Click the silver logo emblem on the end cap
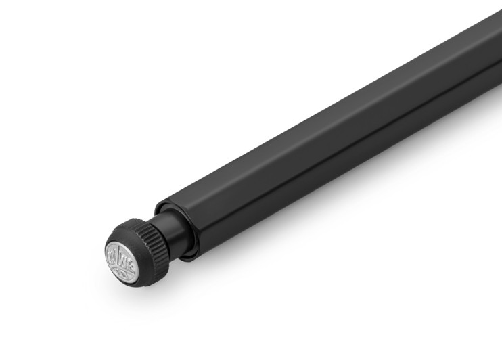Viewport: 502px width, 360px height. (122, 257)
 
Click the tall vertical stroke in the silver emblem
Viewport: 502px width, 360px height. (122, 256)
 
